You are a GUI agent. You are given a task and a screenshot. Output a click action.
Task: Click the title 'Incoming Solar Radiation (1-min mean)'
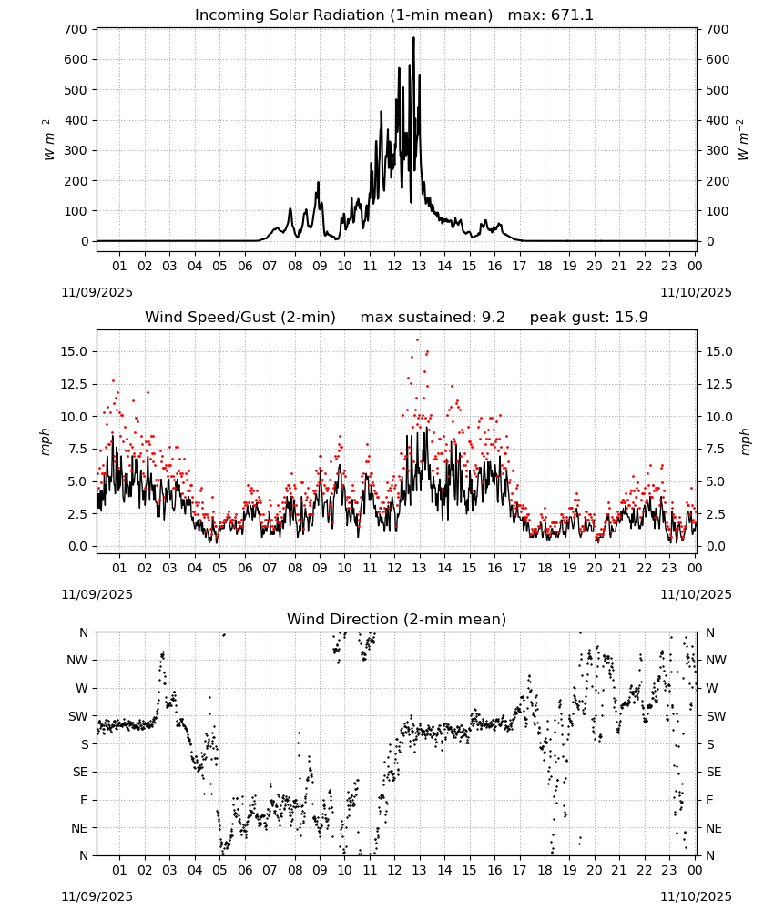click(x=343, y=15)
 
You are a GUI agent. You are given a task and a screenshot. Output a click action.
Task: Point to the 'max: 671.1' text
click(x=551, y=15)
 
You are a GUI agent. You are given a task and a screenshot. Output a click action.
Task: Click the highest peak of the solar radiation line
click(x=413, y=37)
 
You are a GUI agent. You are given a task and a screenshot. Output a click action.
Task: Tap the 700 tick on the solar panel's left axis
click(x=76, y=29)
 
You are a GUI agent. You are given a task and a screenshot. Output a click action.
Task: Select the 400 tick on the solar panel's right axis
click(x=718, y=120)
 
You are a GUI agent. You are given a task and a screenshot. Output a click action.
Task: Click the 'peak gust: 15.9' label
click(x=589, y=318)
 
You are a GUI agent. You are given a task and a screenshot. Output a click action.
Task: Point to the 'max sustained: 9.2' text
click(x=433, y=318)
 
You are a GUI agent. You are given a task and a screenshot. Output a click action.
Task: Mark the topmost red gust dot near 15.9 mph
click(x=417, y=340)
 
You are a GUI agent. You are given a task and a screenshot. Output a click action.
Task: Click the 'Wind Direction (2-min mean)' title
click(x=397, y=619)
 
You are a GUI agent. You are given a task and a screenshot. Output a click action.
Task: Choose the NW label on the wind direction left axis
click(x=77, y=660)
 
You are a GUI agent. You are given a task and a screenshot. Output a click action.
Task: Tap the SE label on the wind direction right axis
click(x=714, y=772)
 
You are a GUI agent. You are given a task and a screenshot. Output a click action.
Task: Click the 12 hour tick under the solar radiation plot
click(x=394, y=266)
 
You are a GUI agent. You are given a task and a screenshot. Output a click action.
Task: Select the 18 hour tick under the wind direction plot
click(x=544, y=870)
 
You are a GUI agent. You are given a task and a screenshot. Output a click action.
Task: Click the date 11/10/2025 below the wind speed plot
click(x=696, y=594)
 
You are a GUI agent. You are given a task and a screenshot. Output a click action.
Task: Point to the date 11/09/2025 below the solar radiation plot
click(x=97, y=292)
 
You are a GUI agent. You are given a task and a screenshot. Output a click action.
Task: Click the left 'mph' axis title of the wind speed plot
click(x=46, y=441)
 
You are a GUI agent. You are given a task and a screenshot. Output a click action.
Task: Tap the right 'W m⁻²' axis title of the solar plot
click(x=743, y=140)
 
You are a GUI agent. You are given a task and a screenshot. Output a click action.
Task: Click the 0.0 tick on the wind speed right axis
click(x=716, y=546)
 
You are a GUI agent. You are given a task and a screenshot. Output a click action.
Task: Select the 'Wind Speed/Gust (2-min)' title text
click(x=240, y=318)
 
